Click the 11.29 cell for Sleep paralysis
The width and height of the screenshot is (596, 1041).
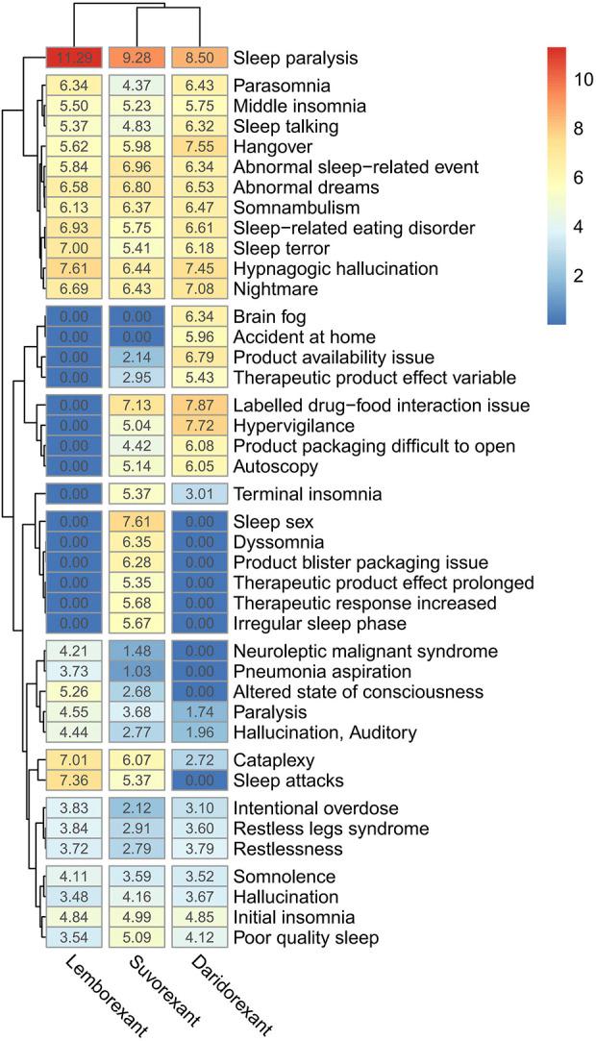[x=73, y=58]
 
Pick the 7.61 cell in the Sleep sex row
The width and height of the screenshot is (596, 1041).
[x=136, y=521]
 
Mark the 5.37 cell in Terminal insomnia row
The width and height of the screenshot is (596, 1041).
[x=136, y=494]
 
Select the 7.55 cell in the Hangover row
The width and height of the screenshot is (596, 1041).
[x=198, y=147]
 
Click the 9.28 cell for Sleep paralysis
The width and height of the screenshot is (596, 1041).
[x=136, y=58]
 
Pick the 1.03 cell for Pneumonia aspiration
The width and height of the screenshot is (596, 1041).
[x=136, y=671]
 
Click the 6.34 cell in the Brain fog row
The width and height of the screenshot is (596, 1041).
[x=198, y=316]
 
